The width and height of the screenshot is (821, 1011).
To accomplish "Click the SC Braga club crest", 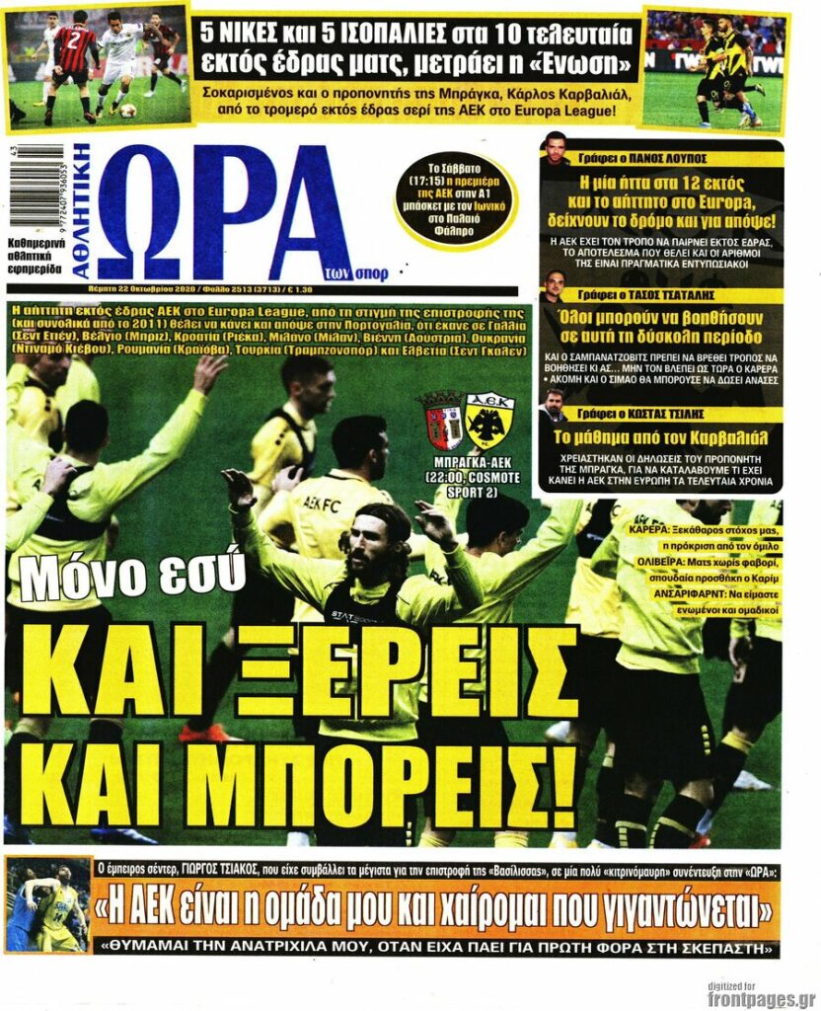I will tap(440, 421).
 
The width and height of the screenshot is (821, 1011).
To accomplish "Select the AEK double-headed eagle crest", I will tap(489, 421).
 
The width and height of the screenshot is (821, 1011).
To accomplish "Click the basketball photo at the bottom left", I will tap(48, 906).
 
